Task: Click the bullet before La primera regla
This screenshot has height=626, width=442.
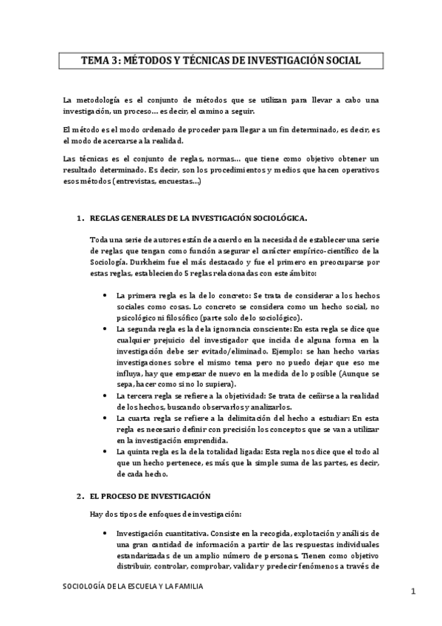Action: [x=108, y=295]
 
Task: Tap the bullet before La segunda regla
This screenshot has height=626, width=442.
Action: [x=108, y=329]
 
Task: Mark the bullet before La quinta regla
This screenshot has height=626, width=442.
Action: [x=108, y=451]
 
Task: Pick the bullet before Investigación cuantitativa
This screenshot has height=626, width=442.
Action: [x=108, y=533]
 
